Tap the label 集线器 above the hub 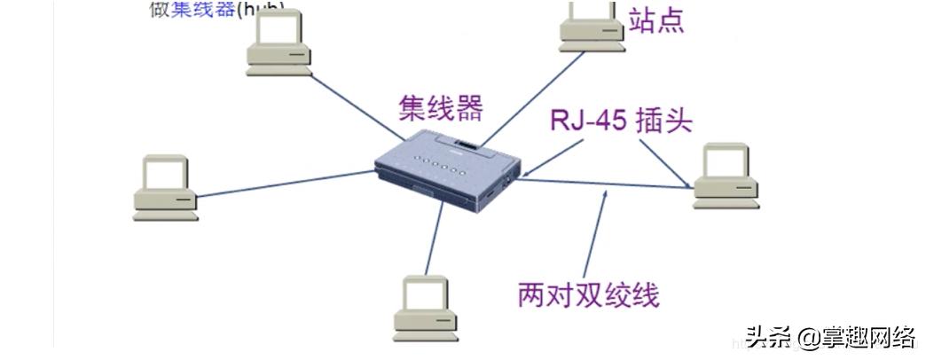[440, 109]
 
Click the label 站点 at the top [656, 20]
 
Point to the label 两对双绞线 [588, 293]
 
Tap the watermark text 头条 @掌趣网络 [829, 337]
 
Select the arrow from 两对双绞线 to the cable [595, 235]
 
